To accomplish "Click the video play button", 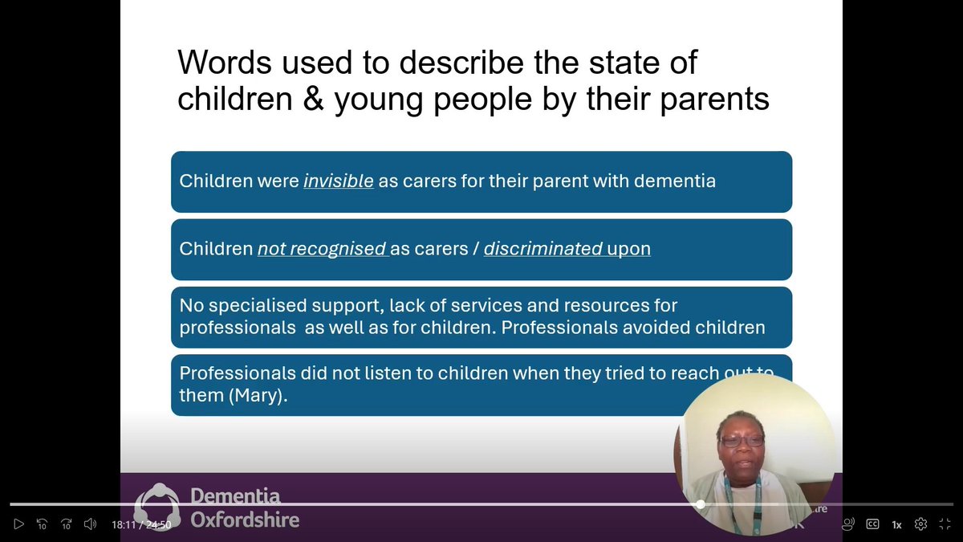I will pos(19,524).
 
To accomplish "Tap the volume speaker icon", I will pos(90,524).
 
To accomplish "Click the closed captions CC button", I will pos(872,524).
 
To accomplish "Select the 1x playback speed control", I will pos(896,524).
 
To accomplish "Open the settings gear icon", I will pos(920,524).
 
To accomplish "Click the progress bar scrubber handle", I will pos(701,504).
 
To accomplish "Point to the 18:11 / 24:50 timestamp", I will pos(141,524).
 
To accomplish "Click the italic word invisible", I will pos(338,181).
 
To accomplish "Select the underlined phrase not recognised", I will pos(322,249).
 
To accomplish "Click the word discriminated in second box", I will pos(543,249).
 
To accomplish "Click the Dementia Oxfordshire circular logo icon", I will pos(157,507).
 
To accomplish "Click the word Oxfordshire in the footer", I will pos(245,520).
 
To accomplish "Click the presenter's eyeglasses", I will pos(742,441).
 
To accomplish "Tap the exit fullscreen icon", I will pos(945,524).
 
